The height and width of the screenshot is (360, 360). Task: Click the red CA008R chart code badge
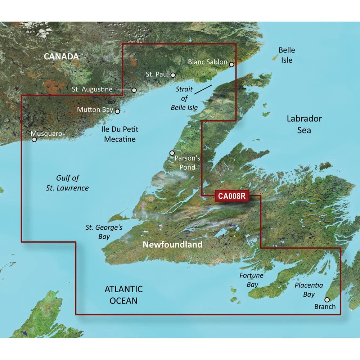[x=231, y=196]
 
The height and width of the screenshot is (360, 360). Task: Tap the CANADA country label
[x=61, y=57]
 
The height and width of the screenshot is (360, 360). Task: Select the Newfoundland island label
[x=172, y=245]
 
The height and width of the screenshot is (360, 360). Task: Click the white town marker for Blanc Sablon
[x=231, y=65]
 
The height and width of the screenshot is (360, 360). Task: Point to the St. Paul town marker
[x=173, y=75]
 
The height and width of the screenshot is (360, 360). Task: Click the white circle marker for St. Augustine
[x=134, y=90]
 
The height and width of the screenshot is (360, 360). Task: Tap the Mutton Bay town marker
[x=117, y=112]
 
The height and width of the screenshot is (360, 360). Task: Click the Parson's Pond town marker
[x=172, y=153]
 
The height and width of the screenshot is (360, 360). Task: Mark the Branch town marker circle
[x=327, y=300]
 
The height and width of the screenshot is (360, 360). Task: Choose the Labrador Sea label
[x=304, y=124]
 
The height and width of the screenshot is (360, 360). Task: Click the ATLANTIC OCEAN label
[x=123, y=294]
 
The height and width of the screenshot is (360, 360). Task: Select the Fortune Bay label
[x=252, y=280]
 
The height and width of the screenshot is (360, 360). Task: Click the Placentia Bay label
[x=309, y=290]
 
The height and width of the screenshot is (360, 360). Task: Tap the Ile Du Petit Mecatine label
[x=120, y=134]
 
